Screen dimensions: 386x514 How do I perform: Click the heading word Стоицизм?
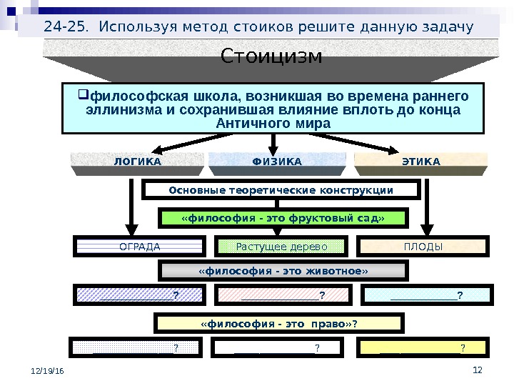(271, 56)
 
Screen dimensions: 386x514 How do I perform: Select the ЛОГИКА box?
(138, 162)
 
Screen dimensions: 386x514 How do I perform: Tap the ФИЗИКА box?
(277, 162)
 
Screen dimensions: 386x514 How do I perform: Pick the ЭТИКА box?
(420, 162)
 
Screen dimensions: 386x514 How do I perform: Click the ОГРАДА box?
(139, 247)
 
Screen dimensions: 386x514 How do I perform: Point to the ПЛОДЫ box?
(423, 247)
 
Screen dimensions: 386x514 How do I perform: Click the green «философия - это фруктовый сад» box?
(283, 218)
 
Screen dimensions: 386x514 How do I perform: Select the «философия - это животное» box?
(283, 271)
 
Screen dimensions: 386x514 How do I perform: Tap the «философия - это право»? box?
(279, 324)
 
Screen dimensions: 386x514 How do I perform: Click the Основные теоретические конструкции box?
(281, 190)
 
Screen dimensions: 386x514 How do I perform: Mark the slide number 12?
(478, 369)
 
